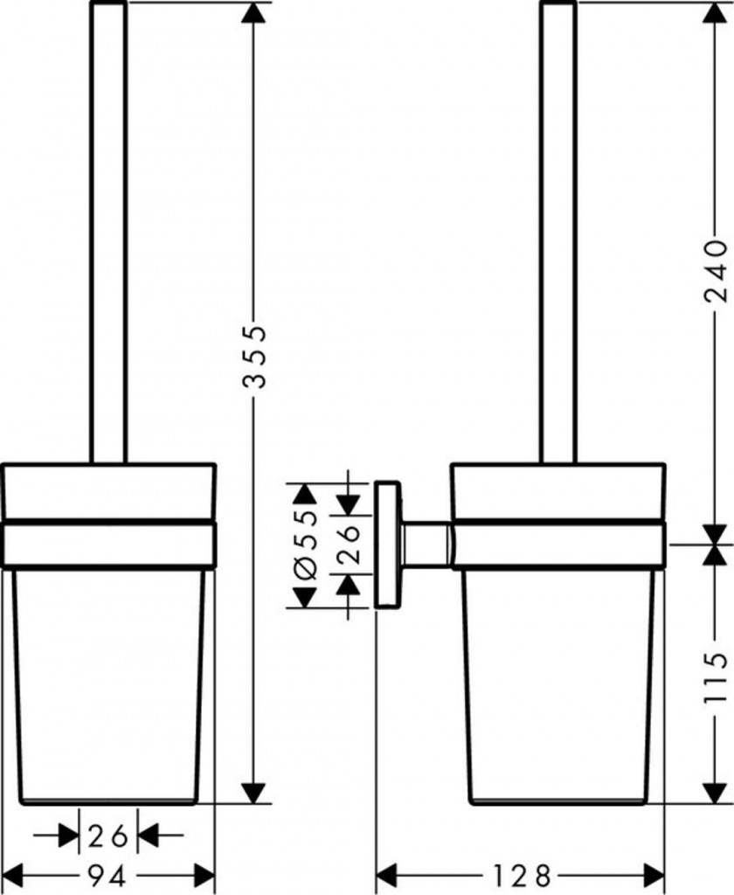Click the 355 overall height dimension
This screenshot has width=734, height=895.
[254, 357]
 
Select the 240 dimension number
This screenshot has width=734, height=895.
[716, 271]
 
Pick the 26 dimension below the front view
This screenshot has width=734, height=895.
[107, 836]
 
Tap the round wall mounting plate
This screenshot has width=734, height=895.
[388, 545]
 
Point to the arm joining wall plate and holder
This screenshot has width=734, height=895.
[427, 545]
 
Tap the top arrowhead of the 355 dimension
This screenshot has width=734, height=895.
[254, 12]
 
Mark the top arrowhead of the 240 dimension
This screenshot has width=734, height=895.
[716, 12]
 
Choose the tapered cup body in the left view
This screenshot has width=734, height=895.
[107, 686]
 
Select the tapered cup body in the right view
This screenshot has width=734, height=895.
[558, 686]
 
